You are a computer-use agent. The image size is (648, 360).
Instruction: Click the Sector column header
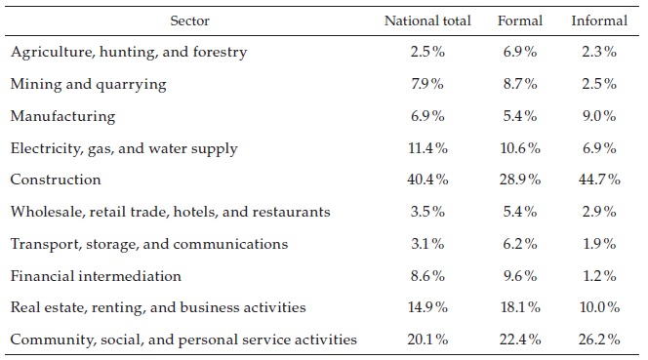(x=190, y=20)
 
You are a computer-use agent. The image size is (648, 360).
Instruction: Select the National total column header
(x=427, y=20)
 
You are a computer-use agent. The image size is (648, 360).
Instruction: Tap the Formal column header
(x=519, y=20)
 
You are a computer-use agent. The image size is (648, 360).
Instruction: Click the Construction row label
(x=56, y=180)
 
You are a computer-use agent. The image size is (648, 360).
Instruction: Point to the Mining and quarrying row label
(x=89, y=84)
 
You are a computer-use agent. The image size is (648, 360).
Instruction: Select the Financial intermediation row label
(x=96, y=276)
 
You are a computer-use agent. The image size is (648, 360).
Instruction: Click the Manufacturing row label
(x=62, y=116)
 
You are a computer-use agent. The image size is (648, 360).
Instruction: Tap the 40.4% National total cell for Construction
(x=427, y=180)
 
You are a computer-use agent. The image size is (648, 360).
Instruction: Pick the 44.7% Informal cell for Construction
(x=598, y=180)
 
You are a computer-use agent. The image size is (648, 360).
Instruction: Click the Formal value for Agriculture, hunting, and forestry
(x=519, y=52)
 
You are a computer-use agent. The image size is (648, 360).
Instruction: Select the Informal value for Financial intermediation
(x=598, y=276)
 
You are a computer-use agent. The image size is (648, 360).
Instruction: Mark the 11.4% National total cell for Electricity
(x=427, y=148)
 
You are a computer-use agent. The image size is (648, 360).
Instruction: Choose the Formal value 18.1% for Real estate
(x=519, y=307)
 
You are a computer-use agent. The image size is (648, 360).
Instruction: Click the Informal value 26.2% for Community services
(x=598, y=340)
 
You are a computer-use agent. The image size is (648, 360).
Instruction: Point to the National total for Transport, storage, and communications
(x=427, y=244)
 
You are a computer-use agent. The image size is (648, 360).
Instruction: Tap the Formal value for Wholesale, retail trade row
(x=519, y=212)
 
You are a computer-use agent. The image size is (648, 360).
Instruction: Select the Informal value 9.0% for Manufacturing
(x=598, y=116)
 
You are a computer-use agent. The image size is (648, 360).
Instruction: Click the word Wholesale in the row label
(x=42, y=212)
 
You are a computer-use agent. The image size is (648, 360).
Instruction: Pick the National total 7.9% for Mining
(x=427, y=84)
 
